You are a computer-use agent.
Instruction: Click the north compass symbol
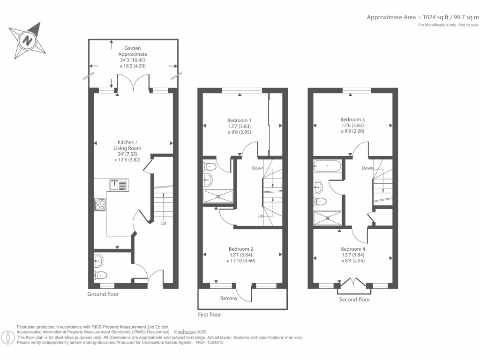28,40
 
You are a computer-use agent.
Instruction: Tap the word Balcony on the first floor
229,299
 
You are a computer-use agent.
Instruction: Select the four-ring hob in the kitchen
100,205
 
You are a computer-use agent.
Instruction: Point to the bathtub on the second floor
328,165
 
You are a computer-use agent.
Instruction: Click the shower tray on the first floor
217,196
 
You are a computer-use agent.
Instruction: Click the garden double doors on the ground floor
134,83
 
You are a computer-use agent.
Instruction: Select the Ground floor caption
103,294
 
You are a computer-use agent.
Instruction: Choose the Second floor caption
354,300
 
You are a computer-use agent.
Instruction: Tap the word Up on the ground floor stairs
163,223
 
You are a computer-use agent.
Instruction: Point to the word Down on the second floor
367,168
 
